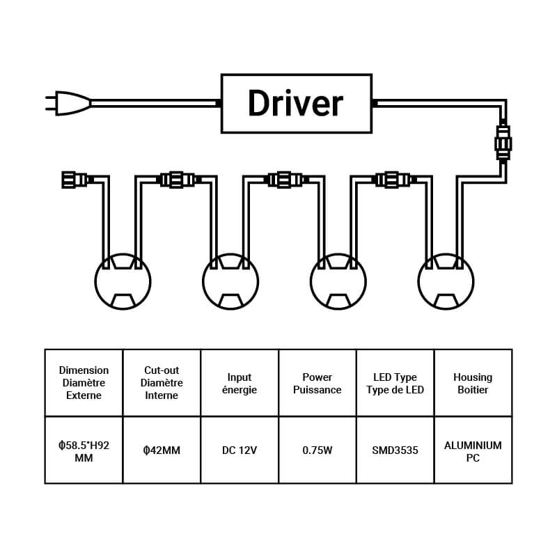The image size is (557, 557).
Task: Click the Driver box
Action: [295, 103]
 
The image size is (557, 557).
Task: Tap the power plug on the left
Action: [70, 103]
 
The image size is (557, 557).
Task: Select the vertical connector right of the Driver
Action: [503, 143]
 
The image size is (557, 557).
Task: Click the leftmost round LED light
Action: [123, 281]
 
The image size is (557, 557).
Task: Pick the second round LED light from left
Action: [230, 281]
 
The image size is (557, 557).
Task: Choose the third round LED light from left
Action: [338, 281]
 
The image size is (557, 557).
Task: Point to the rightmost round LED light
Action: [446, 281]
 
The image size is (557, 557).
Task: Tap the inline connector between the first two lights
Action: [177, 180]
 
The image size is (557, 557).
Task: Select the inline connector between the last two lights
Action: [392, 180]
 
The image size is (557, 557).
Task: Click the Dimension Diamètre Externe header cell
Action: [84, 383]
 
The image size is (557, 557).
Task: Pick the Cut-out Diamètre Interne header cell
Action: [162, 383]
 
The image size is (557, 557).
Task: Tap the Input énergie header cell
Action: [240, 383]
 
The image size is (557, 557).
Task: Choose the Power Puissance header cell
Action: [317, 383]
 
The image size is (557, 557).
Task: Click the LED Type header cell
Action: [395, 383]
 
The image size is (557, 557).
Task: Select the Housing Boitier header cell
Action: [473, 383]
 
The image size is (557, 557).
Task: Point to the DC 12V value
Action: [240, 450]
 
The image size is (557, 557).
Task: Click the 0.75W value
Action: [317, 450]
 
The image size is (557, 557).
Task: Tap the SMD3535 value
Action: [395, 450]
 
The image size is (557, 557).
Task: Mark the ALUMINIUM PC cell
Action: [473, 450]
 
